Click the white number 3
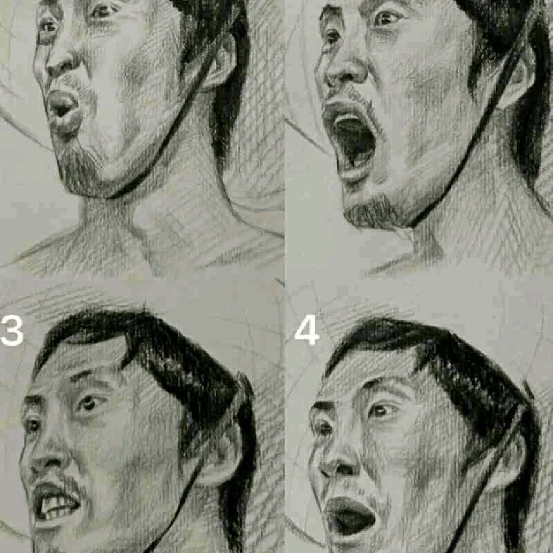tap(12, 331)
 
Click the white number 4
tap(306, 332)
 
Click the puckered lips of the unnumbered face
tap(63, 109)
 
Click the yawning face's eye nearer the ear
tap(387, 18)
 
